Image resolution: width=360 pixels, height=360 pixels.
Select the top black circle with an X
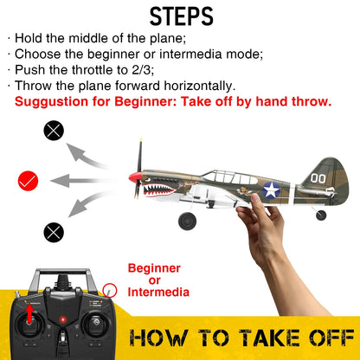54,132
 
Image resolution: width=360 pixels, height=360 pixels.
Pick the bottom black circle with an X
54,231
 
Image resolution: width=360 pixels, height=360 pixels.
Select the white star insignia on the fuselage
271,190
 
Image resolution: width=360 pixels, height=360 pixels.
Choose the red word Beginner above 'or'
154,267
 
